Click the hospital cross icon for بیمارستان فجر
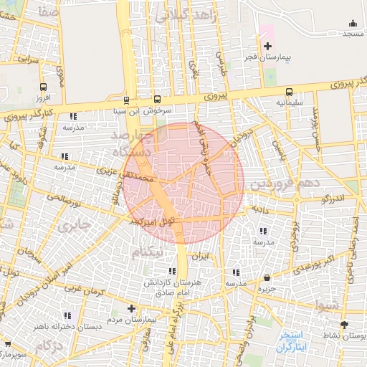click(267, 46)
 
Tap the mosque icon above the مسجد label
click(351, 23)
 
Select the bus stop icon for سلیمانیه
click(290, 92)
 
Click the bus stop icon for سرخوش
click(158, 100)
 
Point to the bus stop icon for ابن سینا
click(127, 100)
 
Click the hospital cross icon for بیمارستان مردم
click(130, 309)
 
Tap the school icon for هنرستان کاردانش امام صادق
click(171, 271)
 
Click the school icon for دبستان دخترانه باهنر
click(67, 315)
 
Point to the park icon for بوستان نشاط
click(344, 324)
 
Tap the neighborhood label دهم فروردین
click(277, 184)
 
